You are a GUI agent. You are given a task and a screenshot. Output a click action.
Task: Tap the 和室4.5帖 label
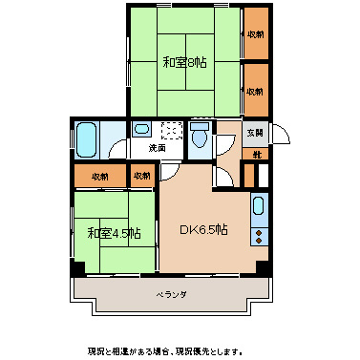click(x=115, y=233)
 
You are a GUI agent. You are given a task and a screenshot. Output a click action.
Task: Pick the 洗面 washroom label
click(x=157, y=148)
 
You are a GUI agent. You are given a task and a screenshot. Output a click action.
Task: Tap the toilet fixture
click(x=200, y=136)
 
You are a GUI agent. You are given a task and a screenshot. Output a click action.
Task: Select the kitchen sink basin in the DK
click(x=259, y=205)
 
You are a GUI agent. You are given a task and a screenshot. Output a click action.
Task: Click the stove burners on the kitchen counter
click(x=259, y=232)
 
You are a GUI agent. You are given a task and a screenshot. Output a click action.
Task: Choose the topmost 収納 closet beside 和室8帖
click(x=254, y=34)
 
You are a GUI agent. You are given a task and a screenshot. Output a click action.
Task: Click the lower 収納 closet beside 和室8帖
click(x=254, y=92)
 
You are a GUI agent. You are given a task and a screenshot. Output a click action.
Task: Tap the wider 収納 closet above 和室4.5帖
click(x=99, y=177)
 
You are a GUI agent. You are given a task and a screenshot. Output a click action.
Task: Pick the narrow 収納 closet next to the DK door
click(x=141, y=177)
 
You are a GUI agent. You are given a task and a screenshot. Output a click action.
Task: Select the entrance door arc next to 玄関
click(x=227, y=143)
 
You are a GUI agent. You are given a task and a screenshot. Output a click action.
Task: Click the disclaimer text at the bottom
click(x=180, y=349)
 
